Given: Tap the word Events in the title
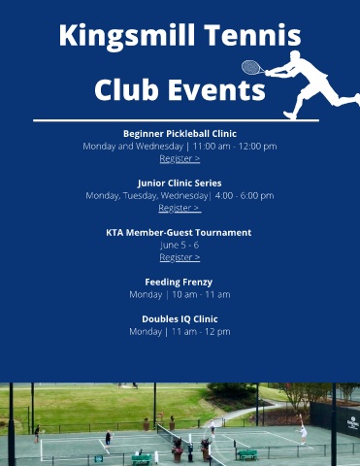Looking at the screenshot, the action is [216, 89].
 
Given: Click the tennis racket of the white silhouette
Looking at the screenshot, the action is [253, 68].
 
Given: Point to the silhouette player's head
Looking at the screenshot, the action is [295, 55].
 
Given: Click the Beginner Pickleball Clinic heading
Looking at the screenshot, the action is [180, 134].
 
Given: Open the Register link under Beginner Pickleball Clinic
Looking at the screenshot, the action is [180, 158].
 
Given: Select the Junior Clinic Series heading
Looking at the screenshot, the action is [180, 183].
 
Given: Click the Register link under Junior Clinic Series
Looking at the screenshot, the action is [180, 208].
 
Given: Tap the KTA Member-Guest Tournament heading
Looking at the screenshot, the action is [179, 233].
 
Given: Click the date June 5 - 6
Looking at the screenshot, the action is [180, 245].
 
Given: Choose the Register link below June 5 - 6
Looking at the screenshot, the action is [180, 257].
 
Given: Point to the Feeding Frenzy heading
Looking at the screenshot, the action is [179, 283].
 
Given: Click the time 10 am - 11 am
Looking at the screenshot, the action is [201, 294].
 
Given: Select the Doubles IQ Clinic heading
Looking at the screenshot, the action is [180, 319].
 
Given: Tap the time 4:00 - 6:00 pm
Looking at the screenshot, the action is [245, 195].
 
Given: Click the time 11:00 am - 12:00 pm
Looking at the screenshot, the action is [235, 147].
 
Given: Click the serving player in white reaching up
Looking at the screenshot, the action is [302, 429].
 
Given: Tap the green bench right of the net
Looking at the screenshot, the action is [247, 454].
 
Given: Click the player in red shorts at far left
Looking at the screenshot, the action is [37, 434].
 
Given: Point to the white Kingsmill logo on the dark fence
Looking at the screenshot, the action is [353, 421].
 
